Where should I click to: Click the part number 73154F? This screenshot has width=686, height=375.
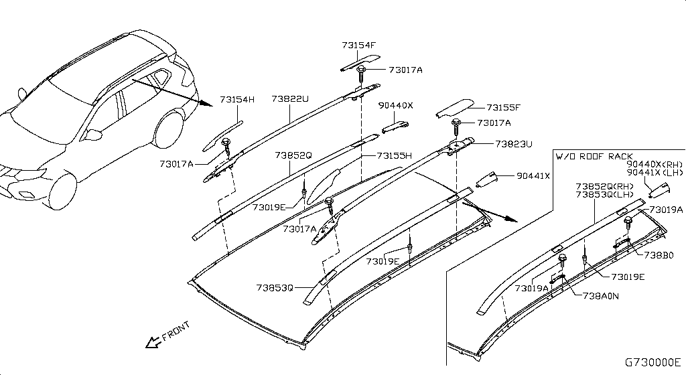358,46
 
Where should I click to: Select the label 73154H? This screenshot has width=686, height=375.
238,99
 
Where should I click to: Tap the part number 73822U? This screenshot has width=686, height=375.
290,99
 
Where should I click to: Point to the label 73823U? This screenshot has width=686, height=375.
514,143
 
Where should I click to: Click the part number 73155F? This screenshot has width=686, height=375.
503,106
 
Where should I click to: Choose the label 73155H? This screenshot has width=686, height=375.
394,155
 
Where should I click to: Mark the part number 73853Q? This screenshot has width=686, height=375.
274,288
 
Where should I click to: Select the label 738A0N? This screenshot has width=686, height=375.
600,295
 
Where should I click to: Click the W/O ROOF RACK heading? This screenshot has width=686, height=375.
594,156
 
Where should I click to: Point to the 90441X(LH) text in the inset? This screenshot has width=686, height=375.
654,172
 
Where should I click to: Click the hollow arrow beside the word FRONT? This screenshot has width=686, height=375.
152,342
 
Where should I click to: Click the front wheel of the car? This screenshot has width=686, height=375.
62,192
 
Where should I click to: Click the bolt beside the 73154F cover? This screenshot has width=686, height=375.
362,70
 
